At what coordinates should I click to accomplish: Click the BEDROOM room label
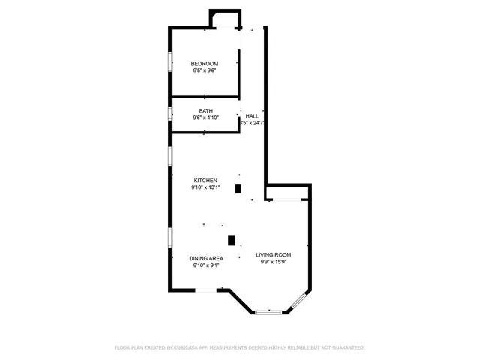click(x=204, y=63)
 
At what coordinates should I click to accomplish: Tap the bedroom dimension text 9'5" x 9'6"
click(x=204, y=70)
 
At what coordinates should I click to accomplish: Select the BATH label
click(x=205, y=111)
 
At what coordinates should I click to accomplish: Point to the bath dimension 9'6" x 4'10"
click(x=205, y=118)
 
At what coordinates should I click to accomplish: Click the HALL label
click(x=253, y=116)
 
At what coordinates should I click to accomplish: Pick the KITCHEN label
click(x=205, y=180)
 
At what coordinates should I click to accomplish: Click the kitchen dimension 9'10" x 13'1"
click(x=205, y=187)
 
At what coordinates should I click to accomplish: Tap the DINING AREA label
click(x=206, y=258)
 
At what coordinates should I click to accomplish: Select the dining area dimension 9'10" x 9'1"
click(x=206, y=265)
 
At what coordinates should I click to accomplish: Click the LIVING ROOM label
click(x=273, y=255)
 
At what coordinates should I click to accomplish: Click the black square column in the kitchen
click(x=238, y=189)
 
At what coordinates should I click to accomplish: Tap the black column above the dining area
click(x=232, y=240)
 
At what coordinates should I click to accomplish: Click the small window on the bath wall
click(x=170, y=114)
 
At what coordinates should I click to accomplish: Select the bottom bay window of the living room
click(x=268, y=311)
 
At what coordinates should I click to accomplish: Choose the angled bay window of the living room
click(x=298, y=301)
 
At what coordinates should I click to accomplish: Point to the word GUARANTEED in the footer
click(x=344, y=348)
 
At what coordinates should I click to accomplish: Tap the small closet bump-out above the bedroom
click(x=225, y=19)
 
